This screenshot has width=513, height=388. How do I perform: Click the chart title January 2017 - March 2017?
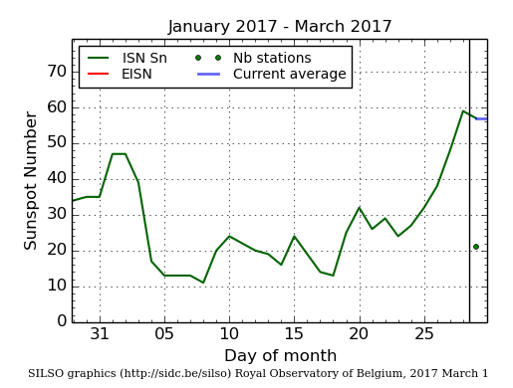pyautogui.click(x=280, y=27)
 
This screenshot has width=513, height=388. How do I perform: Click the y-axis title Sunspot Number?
pyautogui.click(x=31, y=180)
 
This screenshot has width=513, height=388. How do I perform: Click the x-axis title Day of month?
pyautogui.click(x=280, y=356)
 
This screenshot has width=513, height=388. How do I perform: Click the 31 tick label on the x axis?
pyautogui.click(x=100, y=334)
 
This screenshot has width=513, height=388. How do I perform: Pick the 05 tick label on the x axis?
pyautogui.click(x=164, y=334)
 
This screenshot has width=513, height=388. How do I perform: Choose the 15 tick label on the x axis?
pyautogui.click(x=294, y=334)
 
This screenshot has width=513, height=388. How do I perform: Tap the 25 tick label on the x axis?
pyautogui.click(x=423, y=334)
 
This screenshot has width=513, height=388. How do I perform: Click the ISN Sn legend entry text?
pyautogui.click(x=144, y=58)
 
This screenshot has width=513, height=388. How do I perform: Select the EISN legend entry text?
pyautogui.click(x=137, y=75)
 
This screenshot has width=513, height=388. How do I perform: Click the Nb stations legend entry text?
pyautogui.click(x=272, y=58)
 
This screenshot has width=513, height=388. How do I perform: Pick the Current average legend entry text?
pyautogui.click(x=289, y=75)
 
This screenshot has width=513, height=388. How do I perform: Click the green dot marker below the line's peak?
pyautogui.click(x=476, y=247)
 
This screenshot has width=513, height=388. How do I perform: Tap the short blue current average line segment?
pyautogui.click(x=481, y=118)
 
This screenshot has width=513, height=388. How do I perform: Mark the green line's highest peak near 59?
pyautogui.click(x=463, y=110)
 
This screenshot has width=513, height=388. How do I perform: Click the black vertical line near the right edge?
pyautogui.click(x=469, y=199)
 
